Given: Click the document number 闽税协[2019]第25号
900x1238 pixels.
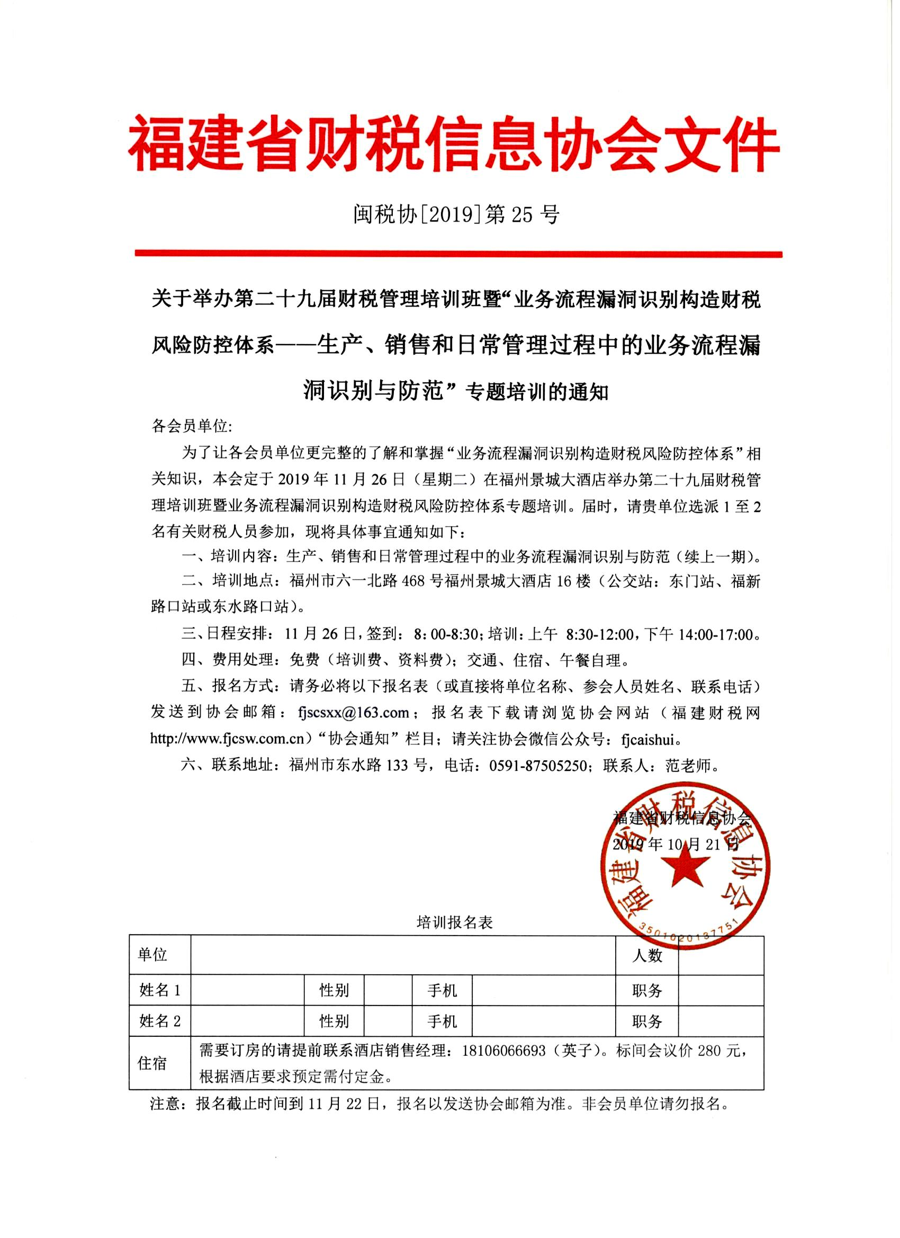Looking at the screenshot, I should pos(456,215).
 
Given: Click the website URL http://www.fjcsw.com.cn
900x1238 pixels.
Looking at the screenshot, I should pos(227,739).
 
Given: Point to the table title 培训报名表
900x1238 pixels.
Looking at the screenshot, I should pos(454,922).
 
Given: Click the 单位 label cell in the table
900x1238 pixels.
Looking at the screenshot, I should pos(152,954).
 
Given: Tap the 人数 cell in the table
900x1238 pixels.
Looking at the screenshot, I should pos(647,955).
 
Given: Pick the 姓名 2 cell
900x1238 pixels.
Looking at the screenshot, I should pos(159,1021).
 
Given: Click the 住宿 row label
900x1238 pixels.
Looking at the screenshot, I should pos(152,1063).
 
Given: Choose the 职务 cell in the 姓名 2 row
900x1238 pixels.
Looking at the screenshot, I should pos(647,1021).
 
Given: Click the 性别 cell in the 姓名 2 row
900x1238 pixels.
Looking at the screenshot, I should pos(334,1021).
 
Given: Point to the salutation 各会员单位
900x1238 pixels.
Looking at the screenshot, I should pos(191,426).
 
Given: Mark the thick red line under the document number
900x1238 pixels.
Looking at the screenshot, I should pos(458,254).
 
